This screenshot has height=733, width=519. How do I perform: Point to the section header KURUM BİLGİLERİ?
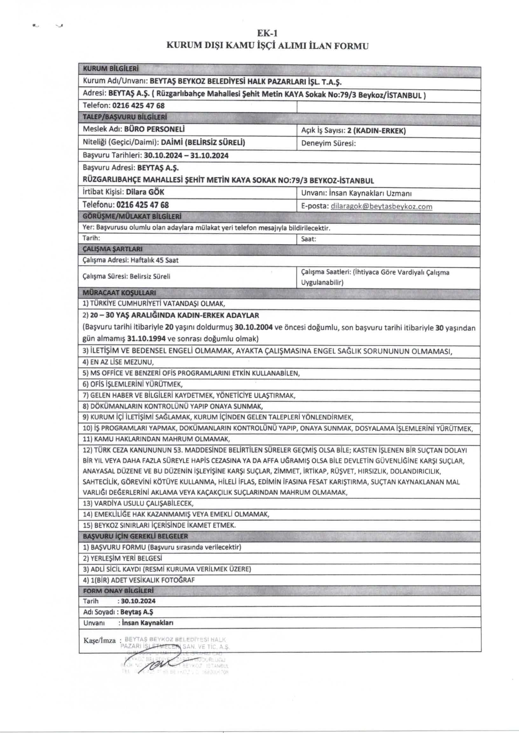111,69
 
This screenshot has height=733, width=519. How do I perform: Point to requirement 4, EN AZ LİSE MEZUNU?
118,362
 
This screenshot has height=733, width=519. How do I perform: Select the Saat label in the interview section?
308,239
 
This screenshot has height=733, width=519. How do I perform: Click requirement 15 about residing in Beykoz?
159,525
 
